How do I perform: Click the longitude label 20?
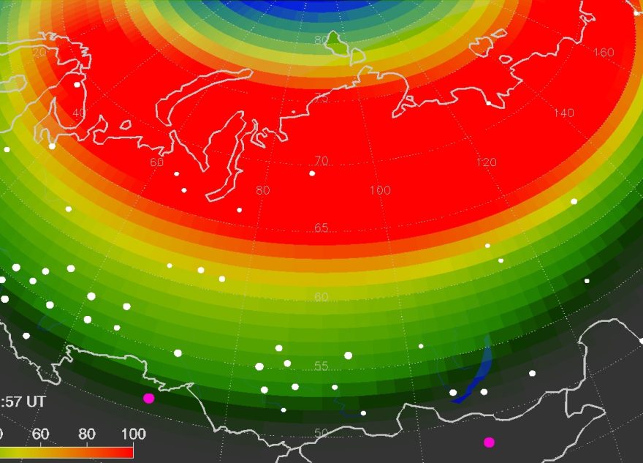39,52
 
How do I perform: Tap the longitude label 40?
79,113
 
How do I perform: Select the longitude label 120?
486,162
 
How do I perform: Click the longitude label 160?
604,52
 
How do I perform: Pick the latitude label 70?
321,161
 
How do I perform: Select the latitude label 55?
321,366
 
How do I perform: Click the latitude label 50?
321,432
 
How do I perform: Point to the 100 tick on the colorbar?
133,434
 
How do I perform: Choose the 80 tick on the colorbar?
87,434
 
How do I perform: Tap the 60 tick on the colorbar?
40,434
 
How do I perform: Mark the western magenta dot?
149,399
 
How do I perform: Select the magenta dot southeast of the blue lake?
489,442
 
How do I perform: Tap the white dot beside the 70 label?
312,173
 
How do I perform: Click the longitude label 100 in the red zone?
380,190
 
